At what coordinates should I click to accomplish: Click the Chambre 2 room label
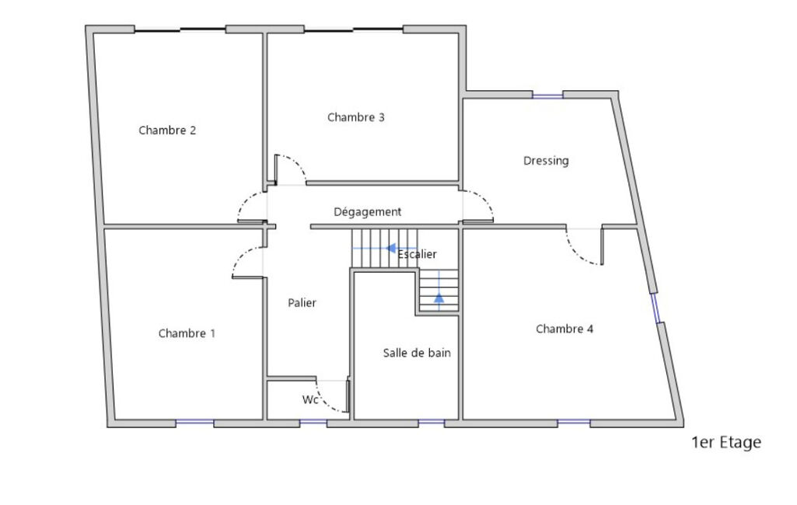pyautogui.click(x=167, y=130)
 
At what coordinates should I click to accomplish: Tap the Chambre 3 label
pyautogui.click(x=356, y=117)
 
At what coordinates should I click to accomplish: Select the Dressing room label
pyautogui.click(x=546, y=161)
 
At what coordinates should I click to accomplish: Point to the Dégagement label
pyautogui.click(x=368, y=211)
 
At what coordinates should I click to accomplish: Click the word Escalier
pyautogui.click(x=417, y=254)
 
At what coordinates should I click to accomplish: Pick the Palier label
pyautogui.click(x=302, y=303)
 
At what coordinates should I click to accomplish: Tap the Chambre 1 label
pyautogui.click(x=187, y=333)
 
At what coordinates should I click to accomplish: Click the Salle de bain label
pyautogui.click(x=417, y=353)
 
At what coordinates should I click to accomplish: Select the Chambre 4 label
pyautogui.click(x=565, y=329)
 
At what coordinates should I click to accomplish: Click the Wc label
pyautogui.click(x=310, y=400)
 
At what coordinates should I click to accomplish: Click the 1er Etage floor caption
pyautogui.click(x=726, y=443)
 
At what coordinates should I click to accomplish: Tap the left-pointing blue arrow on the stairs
pyautogui.click(x=385, y=249)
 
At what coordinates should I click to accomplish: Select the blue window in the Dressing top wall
pyautogui.click(x=548, y=95)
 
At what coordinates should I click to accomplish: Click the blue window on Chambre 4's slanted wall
pyautogui.click(x=655, y=308)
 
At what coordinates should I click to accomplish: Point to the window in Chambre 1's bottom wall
pyautogui.click(x=194, y=423)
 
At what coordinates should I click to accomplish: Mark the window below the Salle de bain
pyautogui.click(x=431, y=423)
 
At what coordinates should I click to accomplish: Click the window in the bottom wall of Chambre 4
pyautogui.click(x=574, y=423)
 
